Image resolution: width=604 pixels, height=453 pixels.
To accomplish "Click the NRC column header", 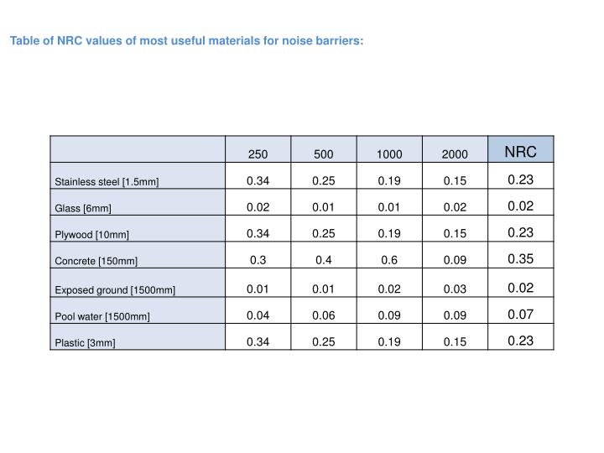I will (520, 152).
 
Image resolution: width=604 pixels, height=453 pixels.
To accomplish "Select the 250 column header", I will (258, 154).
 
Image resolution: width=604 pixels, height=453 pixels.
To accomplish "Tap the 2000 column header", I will (454, 154).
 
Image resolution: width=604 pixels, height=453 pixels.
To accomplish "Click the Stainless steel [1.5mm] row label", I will (107, 182).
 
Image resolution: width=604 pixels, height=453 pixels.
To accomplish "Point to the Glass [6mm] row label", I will (83, 209).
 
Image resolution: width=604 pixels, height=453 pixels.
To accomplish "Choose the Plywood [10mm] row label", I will (92, 236).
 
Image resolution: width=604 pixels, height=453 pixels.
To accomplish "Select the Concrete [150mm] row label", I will (96, 263).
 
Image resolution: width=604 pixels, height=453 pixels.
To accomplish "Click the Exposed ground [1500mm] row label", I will (115, 290).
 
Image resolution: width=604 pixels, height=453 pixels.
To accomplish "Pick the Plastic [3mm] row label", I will (86, 344).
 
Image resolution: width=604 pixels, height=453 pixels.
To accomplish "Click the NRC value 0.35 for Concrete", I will (520, 259).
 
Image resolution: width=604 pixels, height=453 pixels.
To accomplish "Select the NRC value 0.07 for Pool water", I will (520, 314).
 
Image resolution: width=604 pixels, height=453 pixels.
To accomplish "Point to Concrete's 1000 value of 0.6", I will (388, 260).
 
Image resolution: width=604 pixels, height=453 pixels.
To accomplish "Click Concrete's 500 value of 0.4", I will (323, 260).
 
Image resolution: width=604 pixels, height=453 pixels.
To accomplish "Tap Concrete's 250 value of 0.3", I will (258, 260).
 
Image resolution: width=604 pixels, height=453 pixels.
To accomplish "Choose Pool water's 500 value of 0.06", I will (323, 315).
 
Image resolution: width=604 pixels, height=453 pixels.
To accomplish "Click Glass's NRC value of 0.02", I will (520, 206).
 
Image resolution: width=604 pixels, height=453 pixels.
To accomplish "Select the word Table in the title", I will (24, 39).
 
